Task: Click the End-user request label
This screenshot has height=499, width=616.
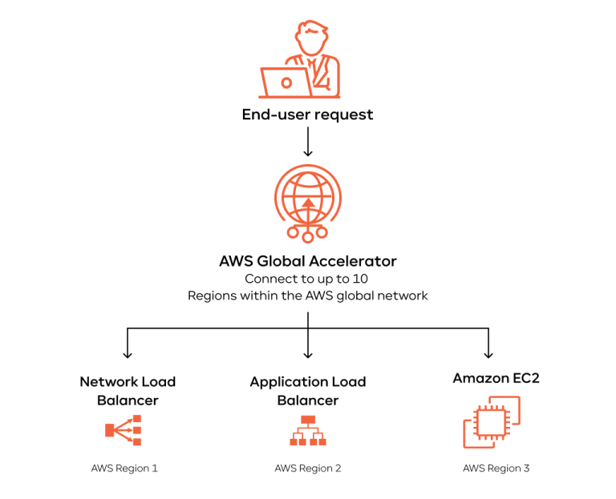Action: click(307, 115)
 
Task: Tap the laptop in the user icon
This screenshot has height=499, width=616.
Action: click(285, 81)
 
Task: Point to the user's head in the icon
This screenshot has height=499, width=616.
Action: click(310, 37)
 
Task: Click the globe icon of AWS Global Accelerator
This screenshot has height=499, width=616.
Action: click(308, 200)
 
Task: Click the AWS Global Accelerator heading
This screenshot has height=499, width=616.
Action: click(308, 261)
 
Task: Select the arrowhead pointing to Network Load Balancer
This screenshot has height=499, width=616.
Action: click(127, 353)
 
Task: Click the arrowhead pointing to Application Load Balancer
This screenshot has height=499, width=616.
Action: click(308, 353)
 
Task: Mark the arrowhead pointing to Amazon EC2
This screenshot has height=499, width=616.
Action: click(488, 353)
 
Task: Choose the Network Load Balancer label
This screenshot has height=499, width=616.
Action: click(128, 391)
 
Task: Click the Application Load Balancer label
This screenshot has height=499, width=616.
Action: click(308, 391)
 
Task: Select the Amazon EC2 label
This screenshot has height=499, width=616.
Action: click(496, 378)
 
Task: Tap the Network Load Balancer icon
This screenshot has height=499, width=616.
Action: click(124, 431)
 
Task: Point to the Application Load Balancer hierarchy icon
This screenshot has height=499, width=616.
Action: click(308, 431)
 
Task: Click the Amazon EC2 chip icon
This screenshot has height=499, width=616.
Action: click(491, 425)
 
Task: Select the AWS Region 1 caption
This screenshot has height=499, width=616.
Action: click(124, 469)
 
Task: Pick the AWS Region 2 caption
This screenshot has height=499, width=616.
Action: click(308, 469)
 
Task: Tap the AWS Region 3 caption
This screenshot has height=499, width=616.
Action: click(496, 469)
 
